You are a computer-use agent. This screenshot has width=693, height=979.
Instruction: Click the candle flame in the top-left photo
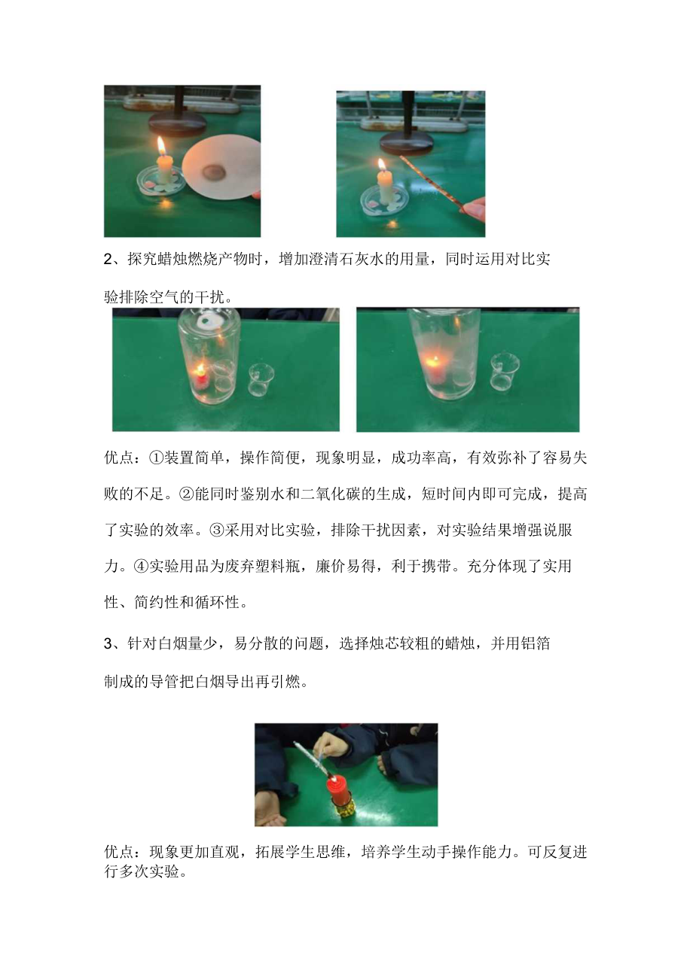point(161,144)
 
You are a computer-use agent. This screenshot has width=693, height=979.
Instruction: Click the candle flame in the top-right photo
point(383,165)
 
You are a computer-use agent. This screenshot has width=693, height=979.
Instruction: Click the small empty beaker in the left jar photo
point(260,384)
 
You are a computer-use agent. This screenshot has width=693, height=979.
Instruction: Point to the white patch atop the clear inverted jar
point(204,324)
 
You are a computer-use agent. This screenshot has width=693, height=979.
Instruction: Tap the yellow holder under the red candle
point(340,814)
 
